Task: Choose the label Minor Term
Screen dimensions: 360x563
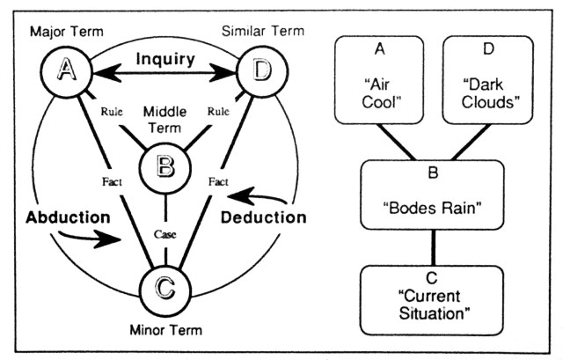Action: [165, 331]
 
